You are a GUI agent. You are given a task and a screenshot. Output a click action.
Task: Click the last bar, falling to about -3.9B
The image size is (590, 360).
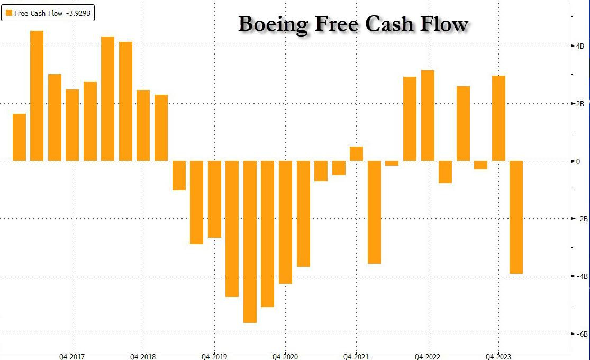[x=516, y=217]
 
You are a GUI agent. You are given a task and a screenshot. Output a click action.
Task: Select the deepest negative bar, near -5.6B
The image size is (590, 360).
[x=250, y=241]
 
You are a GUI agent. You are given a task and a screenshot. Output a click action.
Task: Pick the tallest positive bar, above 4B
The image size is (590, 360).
[x=37, y=95]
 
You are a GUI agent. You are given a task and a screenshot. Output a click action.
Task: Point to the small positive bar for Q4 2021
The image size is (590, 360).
[x=357, y=154]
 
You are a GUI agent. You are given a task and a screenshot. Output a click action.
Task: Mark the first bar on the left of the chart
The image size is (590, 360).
[x=19, y=137]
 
